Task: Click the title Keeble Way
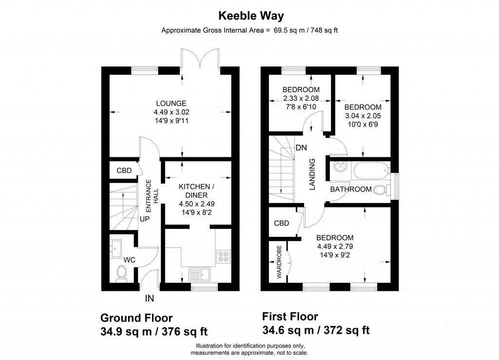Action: (249, 16)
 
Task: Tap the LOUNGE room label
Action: (171, 103)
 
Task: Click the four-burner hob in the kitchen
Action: (223, 256)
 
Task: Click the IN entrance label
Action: (149, 297)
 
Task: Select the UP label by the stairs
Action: (144, 219)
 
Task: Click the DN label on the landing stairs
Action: (301, 148)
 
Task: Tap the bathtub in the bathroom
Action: (371, 171)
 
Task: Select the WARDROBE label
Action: (279, 262)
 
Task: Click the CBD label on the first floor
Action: (282, 224)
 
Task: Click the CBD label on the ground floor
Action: (124, 171)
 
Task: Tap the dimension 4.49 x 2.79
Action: (334, 246)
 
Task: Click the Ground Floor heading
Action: (136, 318)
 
